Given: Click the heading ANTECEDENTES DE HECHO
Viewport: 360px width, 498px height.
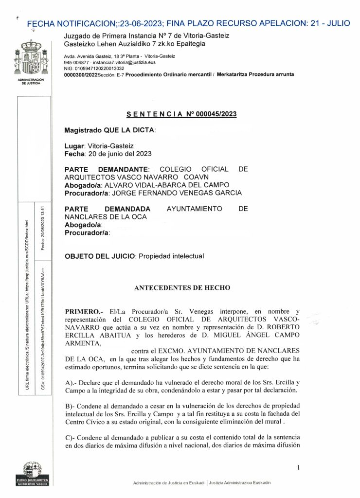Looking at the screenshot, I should click(x=182, y=287).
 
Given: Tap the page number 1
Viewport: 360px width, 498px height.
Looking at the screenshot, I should click(x=297, y=467).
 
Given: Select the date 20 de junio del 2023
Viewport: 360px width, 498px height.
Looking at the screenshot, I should click(x=118, y=154).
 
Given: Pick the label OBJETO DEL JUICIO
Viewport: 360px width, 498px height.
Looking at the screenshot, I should click(x=101, y=256).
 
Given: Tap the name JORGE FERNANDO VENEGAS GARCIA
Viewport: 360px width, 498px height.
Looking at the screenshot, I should click(x=176, y=193).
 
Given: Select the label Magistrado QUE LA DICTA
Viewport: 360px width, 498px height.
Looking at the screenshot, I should click(x=109, y=130).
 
